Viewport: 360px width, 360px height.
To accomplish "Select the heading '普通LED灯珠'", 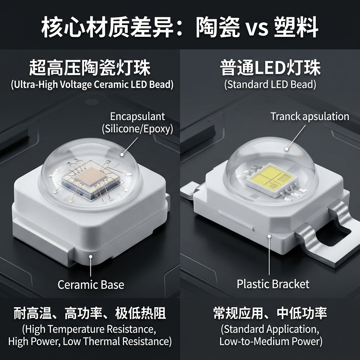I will (x=270, y=68).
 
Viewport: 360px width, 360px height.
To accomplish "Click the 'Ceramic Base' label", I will (x=91, y=284).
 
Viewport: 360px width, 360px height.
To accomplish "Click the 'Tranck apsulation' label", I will (x=310, y=117).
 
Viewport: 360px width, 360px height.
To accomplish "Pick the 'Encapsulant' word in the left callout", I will (x=137, y=116).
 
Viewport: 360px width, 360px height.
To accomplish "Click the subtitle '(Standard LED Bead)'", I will (x=270, y=85).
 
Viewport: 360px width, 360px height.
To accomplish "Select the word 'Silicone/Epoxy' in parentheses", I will (x=137, y=129).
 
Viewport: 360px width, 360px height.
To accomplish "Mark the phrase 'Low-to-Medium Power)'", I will (x=271, y=341).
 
